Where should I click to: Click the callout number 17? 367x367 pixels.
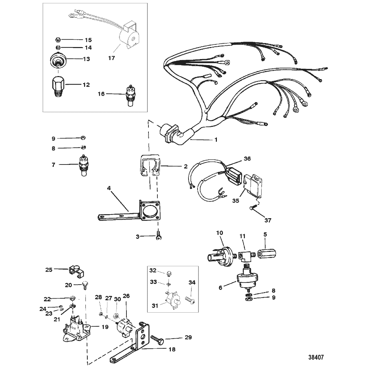[111, 58]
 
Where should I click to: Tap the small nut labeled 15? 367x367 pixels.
[58, 40]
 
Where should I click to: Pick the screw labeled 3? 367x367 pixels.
[158, 236]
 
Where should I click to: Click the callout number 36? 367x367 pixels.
[247, 158]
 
